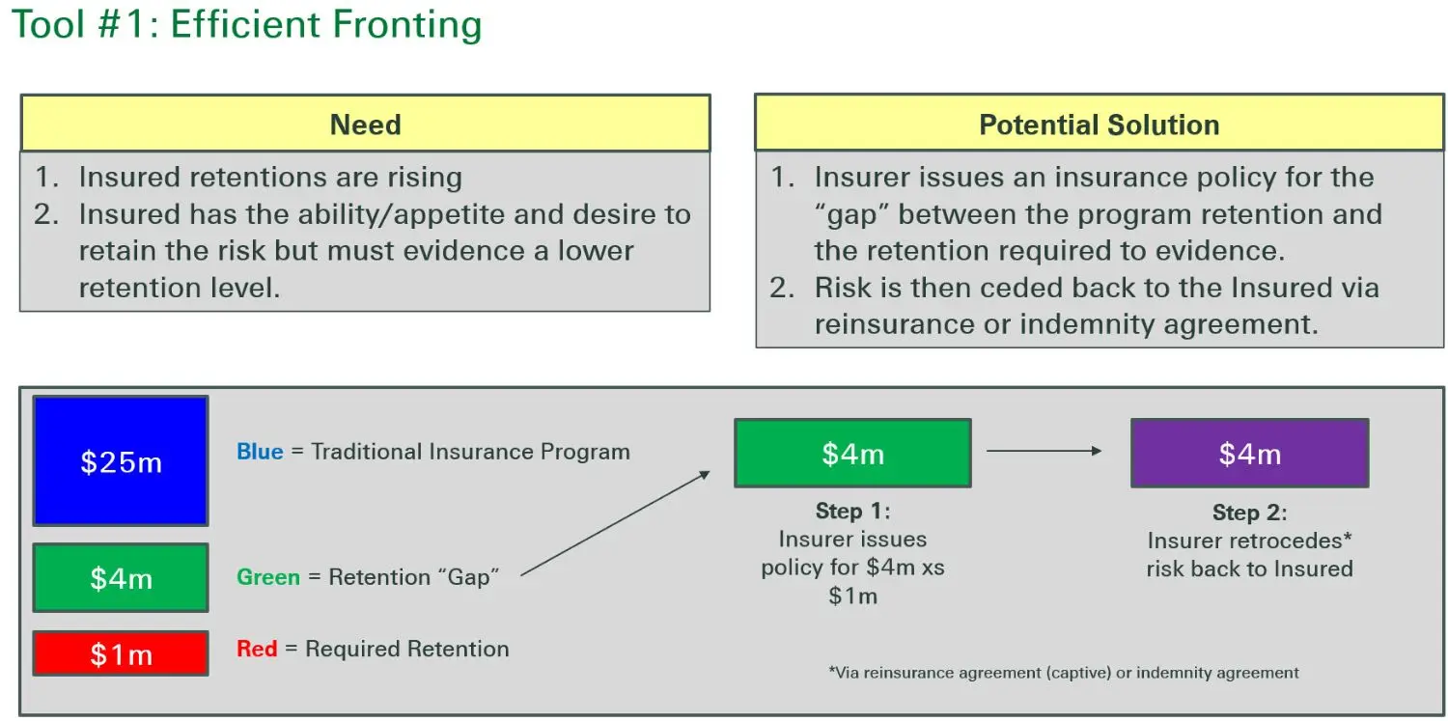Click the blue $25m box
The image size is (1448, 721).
(x=121, y=461)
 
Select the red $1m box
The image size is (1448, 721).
(x=121, y=653)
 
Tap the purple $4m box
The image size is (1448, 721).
(x=1249, y=453)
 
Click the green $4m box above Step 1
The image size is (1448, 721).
(x=852, y=453)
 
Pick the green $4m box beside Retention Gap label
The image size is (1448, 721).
(x=121, y=577)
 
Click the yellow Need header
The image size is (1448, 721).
(x=365, y=124)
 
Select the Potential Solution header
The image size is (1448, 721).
(x=1099, y=124)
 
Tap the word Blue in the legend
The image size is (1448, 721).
(x=260, y=452)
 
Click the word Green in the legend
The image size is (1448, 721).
(x=267, y=577)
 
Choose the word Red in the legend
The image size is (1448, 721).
(x=257, y=649)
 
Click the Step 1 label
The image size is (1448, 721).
(x=852, y=511)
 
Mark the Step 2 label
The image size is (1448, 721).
(x=1249, y=513)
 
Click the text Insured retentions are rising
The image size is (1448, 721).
(x=270, y=178)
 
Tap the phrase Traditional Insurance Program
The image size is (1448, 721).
(x=470, y=452)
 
